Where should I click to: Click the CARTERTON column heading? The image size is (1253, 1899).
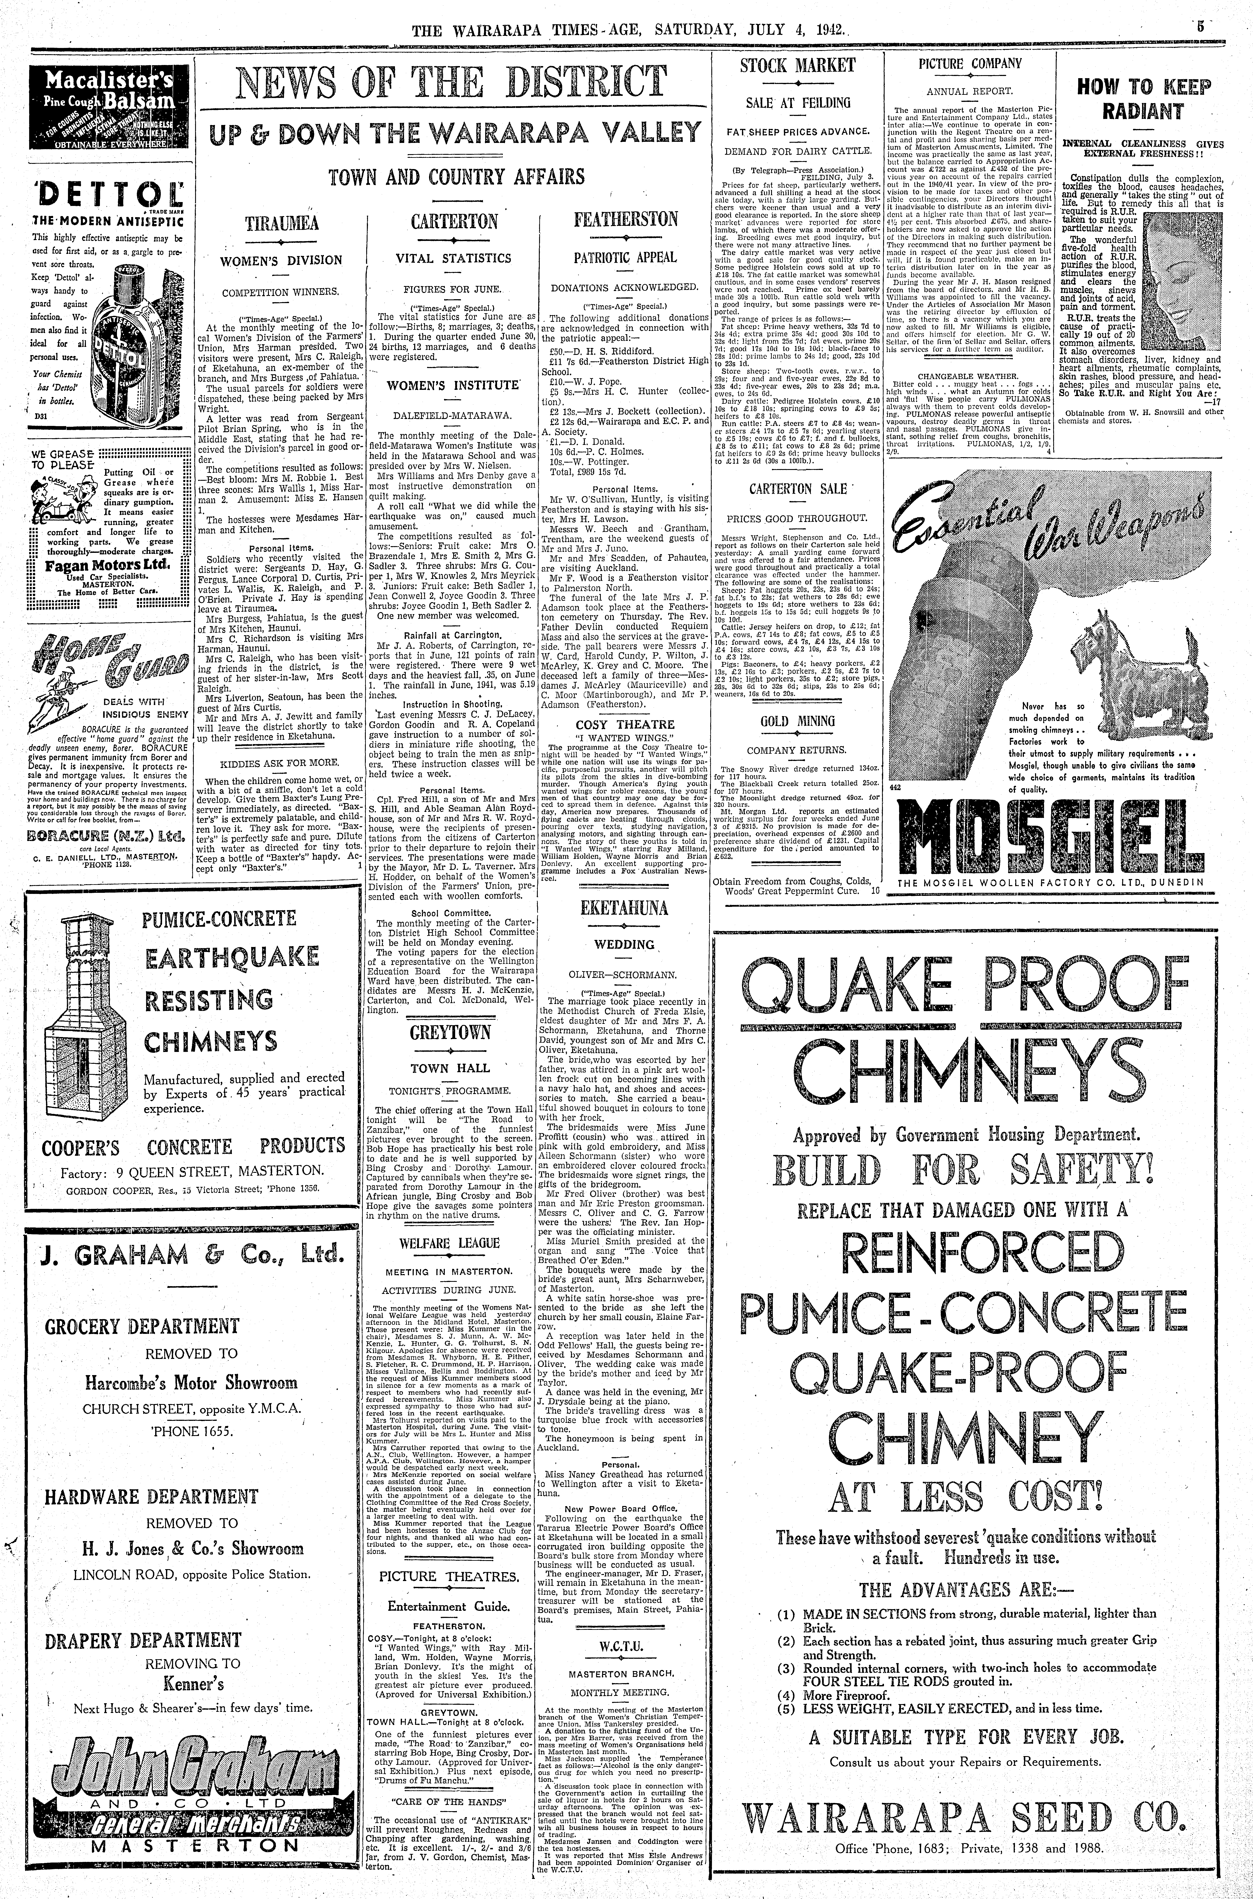(454, 221)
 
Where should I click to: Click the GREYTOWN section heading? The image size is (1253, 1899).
(451, 1033)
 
